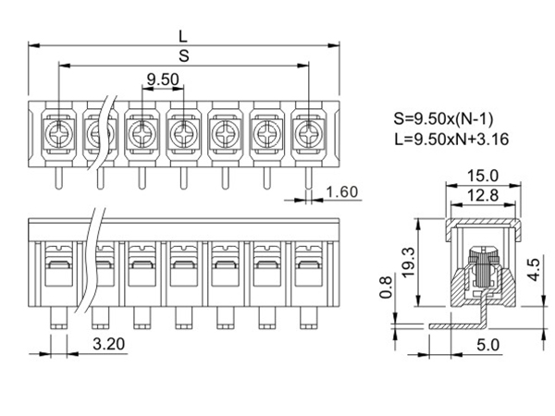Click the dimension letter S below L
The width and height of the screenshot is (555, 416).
[x=183, y=55]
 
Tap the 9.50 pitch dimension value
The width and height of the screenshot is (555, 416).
[x=163, y=80]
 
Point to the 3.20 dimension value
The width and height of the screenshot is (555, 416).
[x=111, y=345]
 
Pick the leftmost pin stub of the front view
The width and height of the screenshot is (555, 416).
[x=57, y=317]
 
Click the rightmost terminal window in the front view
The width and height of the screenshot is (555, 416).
[x=309, y=269]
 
